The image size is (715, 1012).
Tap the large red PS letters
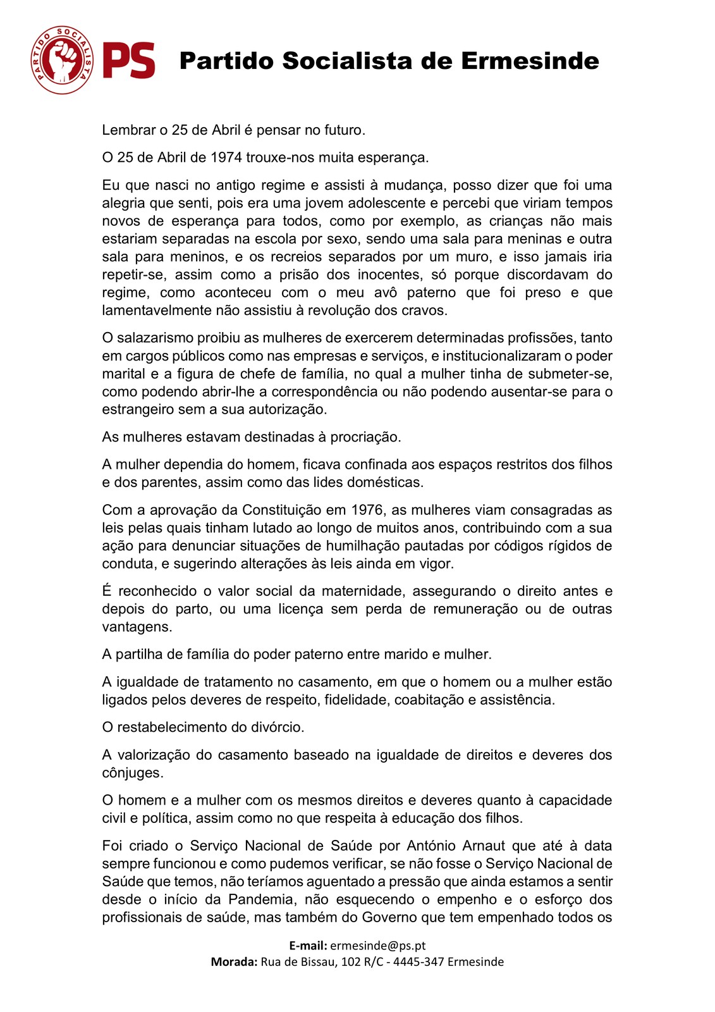click(130, 61)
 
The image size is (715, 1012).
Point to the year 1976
click(367, 510)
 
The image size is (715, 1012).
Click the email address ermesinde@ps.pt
click(377, 946)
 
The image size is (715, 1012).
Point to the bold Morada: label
click(234, 961)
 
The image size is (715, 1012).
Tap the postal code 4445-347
click(425, 961)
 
